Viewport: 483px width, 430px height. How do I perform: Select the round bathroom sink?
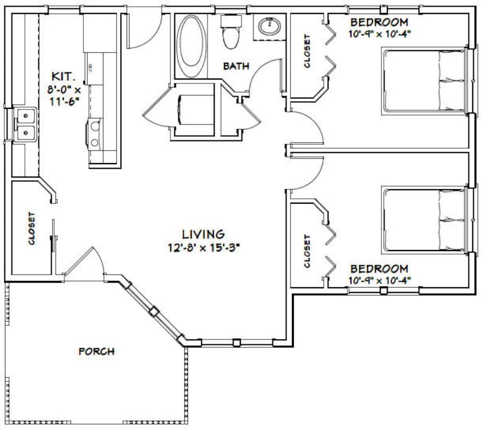coord(268,27)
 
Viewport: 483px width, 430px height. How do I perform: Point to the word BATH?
coord(235,66)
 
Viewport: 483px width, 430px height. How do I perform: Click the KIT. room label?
coord(63,76)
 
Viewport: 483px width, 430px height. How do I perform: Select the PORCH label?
coord(97,352)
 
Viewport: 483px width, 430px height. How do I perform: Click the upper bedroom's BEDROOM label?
coord(378,23)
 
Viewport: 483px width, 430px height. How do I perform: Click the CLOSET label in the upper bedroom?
coord(307,52)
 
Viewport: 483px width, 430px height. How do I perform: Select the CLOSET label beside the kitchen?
coord(30,228)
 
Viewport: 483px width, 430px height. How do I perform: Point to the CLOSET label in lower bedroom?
coord(307,251)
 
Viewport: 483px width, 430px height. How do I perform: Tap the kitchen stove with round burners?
coord(95,134)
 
